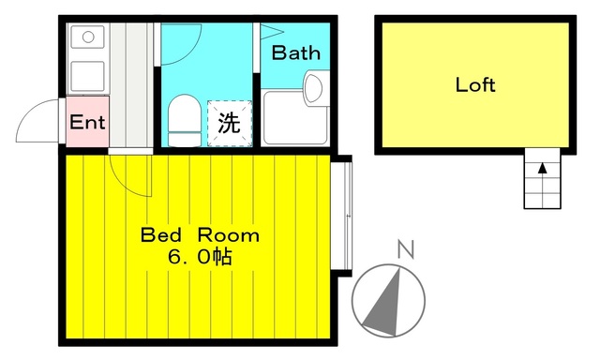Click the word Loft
click(x=475, y=84)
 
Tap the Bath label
click(x=295, y=53)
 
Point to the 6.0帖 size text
click(x=200, y=255)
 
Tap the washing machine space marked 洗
click(x=229, y=122)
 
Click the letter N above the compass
click(x=405, y=249)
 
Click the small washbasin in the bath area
click(x=312, y=89)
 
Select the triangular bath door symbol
click(x=268, y=32)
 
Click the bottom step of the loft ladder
click(x=542, y=201)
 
